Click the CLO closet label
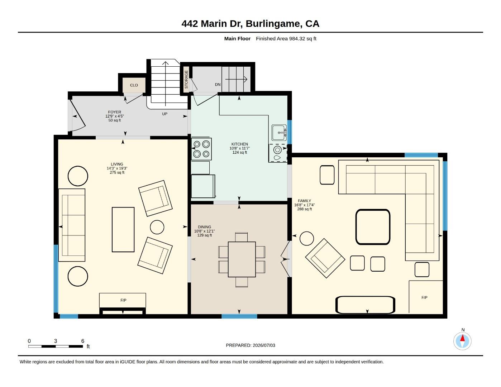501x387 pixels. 134,85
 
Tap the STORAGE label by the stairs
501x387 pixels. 186,80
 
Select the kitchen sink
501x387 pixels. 279,133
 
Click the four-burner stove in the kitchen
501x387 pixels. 201,149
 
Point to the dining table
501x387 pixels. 242,259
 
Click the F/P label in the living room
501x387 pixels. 123,300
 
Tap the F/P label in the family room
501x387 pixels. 424,297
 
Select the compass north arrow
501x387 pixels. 462,338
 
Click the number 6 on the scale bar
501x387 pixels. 83,341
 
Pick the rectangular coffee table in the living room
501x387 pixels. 123,230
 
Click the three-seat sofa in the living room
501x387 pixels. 72,225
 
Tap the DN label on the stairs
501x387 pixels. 218,85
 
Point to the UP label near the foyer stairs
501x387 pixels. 164,114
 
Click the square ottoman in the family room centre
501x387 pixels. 373,227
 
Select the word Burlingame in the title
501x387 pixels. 273,24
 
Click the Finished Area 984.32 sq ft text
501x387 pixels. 286,39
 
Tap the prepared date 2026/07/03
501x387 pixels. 264,345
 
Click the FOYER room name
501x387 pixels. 115,112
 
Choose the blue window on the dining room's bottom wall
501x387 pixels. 239,316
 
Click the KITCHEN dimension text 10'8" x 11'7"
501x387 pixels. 239,148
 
